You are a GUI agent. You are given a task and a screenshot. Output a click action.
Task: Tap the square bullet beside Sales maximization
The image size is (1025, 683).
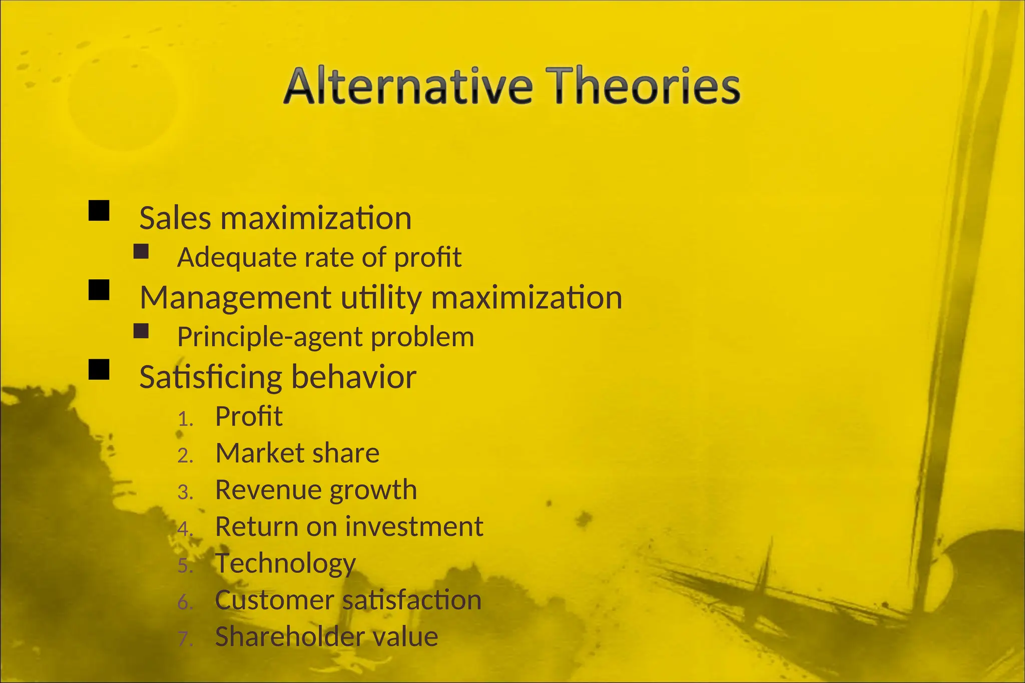tap(99, 211)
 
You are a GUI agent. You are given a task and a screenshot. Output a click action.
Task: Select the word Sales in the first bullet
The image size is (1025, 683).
tap(175, 219)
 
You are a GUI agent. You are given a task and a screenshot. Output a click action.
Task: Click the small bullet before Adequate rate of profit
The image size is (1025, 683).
tap(141, 251)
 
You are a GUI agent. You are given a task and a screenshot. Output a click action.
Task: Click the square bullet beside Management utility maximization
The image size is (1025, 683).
tap(99, 290)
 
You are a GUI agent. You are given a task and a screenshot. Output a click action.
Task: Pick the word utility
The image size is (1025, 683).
tap(381, 298)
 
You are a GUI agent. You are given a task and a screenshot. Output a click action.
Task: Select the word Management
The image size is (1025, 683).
tap(236, 298)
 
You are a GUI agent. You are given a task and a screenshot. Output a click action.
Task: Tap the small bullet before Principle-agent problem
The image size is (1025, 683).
tap(141, 331)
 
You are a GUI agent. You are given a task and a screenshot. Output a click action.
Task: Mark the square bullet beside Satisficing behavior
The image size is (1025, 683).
tap(99, 369)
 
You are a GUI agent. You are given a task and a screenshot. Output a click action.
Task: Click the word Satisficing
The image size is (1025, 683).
tap(211, 377)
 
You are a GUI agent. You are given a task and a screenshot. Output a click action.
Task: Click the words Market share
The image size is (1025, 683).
tap(297, 453)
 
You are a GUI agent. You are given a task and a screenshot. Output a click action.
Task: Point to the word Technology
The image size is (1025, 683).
tap(285, 563)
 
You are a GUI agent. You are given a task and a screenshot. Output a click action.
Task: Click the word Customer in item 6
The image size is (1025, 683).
tap(274, 600)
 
